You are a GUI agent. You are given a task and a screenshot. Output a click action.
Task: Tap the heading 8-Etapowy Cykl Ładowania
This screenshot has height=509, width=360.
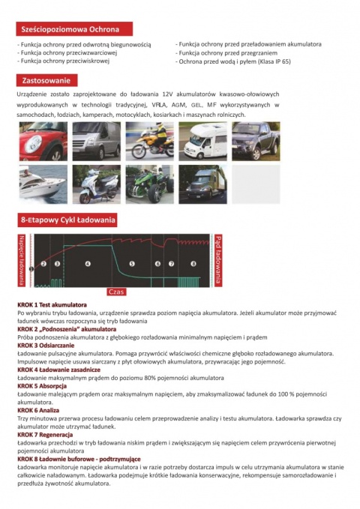[x=67, y=220]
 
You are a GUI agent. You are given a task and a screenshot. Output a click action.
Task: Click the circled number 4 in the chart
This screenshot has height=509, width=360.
[x=88, y=264]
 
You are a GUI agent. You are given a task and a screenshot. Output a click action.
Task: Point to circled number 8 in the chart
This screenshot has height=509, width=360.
[x=193, y=264]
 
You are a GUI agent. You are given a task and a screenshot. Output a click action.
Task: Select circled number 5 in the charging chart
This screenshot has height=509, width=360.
[x=132, y=264]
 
